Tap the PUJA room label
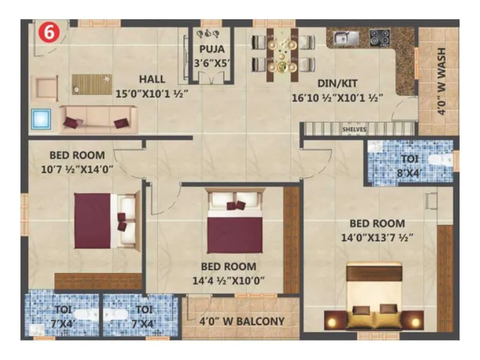pyautogui.click(x=212, y=50)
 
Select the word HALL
pyautogui.click(x=152, y=79)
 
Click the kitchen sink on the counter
pyautogui.click(x=346, y=38)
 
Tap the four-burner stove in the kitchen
pyautogui.click(x=379, y=38)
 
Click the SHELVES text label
pyautogui.click(x=353, y=128)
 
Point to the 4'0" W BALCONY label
pyautogui.click(x=241, y=321)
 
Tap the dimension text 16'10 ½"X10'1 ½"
pyautogui.click(x=337, y=97)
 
